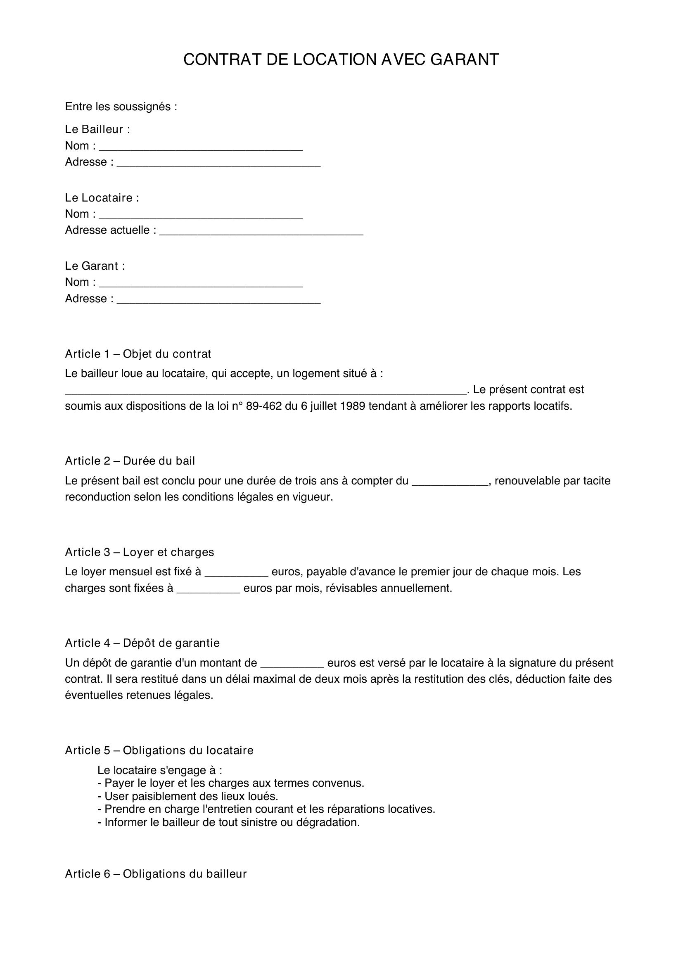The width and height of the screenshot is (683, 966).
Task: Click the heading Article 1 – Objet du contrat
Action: (x=138, y=354)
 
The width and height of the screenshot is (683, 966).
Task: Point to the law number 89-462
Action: (x=261, y=406)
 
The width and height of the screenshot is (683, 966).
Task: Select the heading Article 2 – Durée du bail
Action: (x=130, y=461)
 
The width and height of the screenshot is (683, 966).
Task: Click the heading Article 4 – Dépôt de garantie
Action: (x=142, y=643)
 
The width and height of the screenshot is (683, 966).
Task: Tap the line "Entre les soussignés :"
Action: (x=121, y=107)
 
